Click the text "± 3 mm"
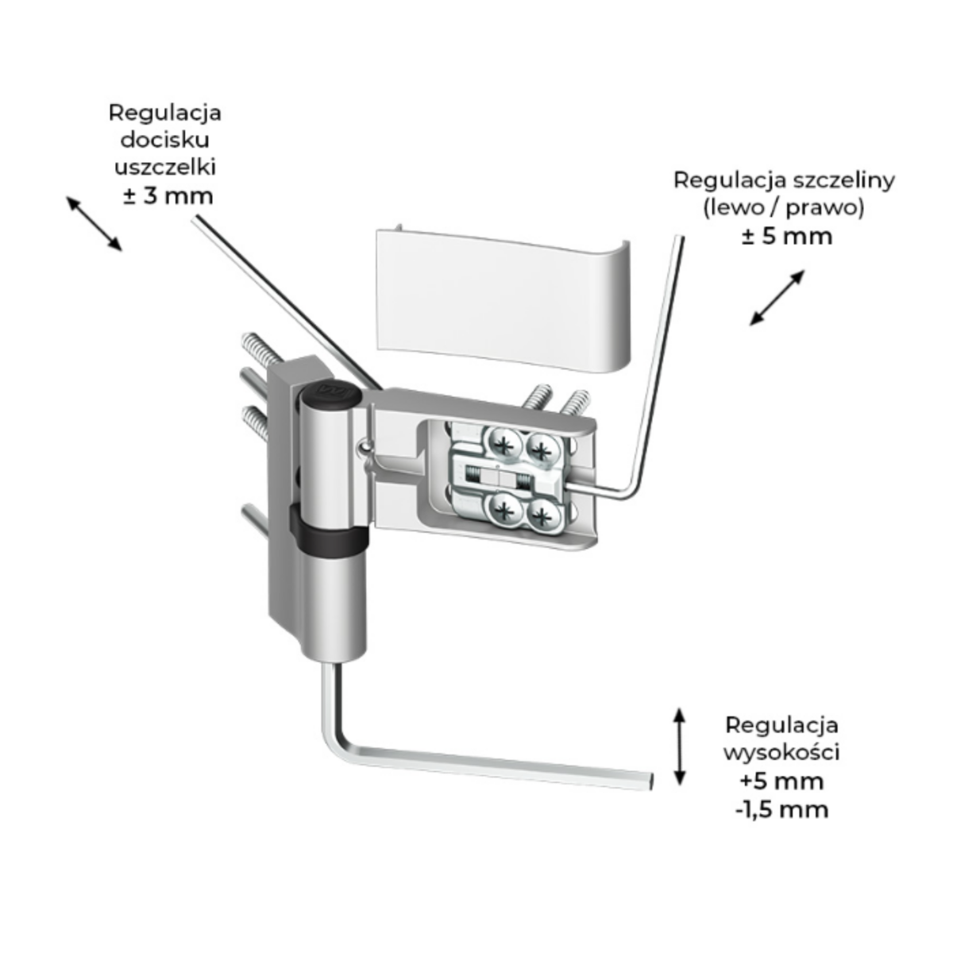168,196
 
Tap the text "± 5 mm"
786,236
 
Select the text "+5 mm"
782,781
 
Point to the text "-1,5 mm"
782,809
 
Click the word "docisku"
165,141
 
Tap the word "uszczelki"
165,168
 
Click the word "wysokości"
782,752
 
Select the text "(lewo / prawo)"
783,208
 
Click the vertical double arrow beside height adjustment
679,747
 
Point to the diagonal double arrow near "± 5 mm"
777,298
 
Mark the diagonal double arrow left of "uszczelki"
94,223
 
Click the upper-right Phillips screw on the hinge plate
543,450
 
